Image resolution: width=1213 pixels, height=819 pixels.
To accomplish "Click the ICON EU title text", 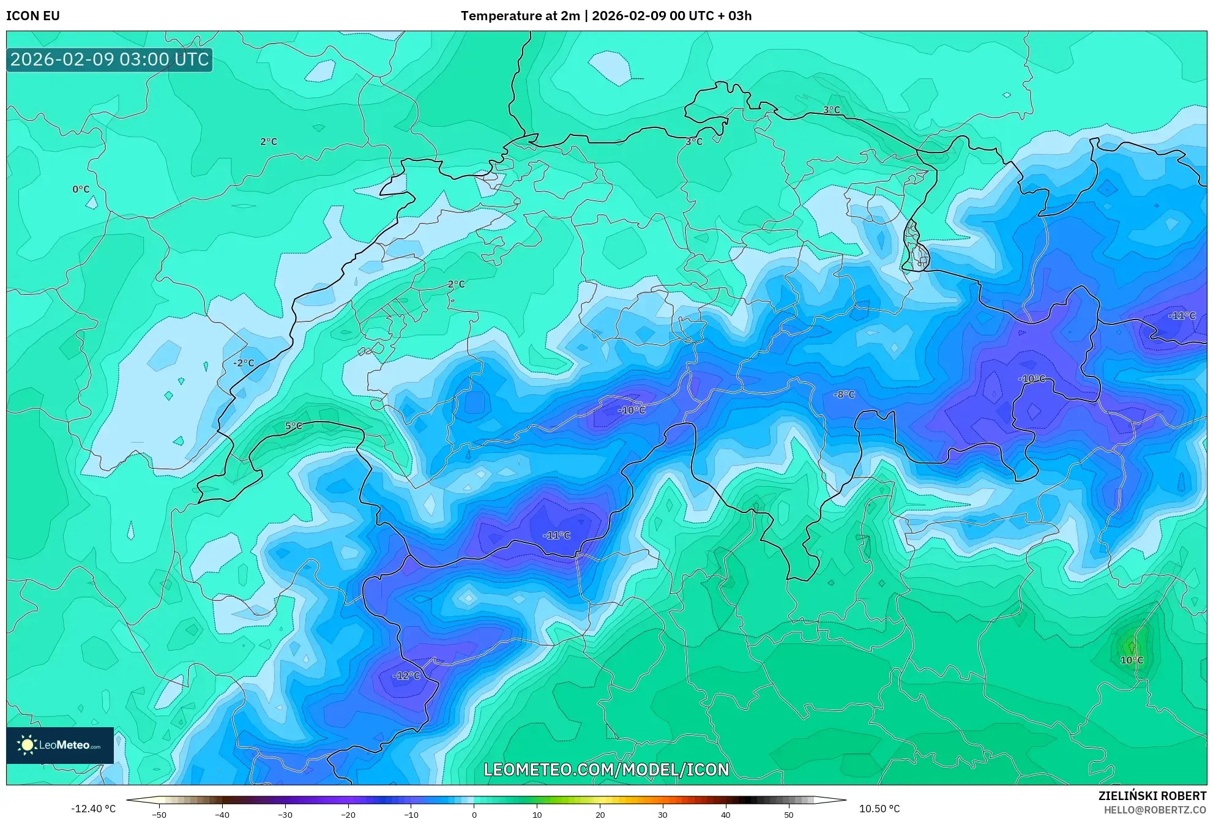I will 33,16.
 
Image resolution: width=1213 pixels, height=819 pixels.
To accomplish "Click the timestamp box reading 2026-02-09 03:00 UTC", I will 110,60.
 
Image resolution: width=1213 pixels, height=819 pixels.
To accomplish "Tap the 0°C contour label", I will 81,189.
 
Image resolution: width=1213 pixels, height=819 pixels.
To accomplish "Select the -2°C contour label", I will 244,363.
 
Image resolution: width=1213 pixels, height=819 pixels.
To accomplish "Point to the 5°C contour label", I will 294,426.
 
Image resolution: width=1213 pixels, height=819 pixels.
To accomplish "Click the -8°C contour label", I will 844,395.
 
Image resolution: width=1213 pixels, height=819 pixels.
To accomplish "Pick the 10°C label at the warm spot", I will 1132,660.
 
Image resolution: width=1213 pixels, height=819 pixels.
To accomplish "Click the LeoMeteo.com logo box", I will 60,745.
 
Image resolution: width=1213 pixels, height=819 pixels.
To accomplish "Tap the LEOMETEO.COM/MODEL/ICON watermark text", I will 606,769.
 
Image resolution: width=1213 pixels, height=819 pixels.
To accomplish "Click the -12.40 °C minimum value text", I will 93,809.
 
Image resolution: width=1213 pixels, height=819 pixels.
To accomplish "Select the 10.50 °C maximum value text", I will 879,809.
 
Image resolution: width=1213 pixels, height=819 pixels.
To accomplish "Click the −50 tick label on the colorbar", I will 159,815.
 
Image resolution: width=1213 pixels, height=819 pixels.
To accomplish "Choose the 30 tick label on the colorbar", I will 663,815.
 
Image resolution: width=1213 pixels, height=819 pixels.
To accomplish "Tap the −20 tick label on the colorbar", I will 348,815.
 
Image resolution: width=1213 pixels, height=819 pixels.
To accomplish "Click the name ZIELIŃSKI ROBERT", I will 1152,796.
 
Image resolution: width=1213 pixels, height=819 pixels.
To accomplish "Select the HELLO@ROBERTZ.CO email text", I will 1155,810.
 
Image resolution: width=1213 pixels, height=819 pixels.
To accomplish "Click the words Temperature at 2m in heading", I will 520,16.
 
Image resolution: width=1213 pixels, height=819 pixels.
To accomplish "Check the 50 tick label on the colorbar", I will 789,815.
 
